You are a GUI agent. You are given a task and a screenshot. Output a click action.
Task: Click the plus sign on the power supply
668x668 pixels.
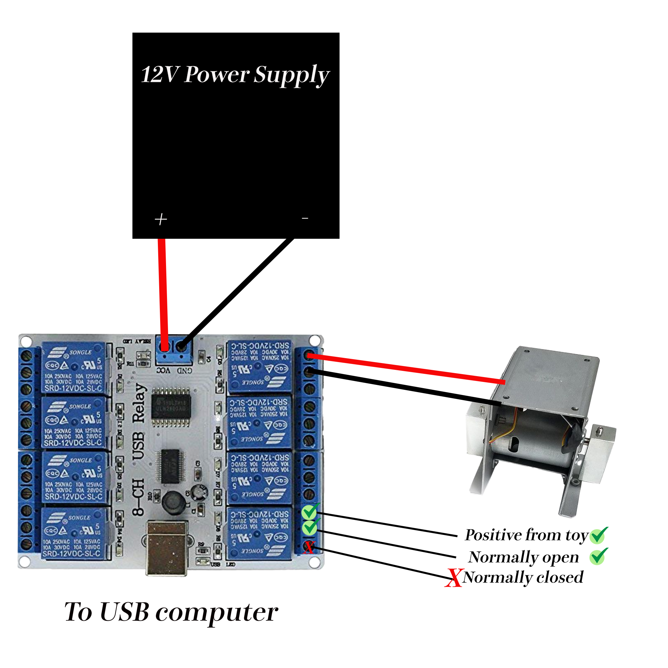tap(161, 219)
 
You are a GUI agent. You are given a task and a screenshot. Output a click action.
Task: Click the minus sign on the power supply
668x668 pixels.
tap(305, 218)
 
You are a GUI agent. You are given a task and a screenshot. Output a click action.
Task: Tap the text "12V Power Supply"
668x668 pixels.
tap(235, 74)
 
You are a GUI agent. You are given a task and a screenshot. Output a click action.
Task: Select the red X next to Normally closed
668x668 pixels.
tap(453, 578)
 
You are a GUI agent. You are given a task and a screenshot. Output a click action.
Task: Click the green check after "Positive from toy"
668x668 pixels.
tap(599, 535)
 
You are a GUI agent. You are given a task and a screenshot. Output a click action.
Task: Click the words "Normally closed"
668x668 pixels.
tap(523, 577)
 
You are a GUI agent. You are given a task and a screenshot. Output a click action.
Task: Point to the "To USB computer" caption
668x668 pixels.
tap(171, 612)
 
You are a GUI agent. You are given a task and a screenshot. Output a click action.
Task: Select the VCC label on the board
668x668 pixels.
tap(163, 371)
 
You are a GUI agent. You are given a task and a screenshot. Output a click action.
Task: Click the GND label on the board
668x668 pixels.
tap(185, 371)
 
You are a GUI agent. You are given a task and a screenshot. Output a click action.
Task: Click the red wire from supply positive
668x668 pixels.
tap(163, 290)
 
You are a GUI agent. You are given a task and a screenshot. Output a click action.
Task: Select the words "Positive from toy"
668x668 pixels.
tap(526, 535)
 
